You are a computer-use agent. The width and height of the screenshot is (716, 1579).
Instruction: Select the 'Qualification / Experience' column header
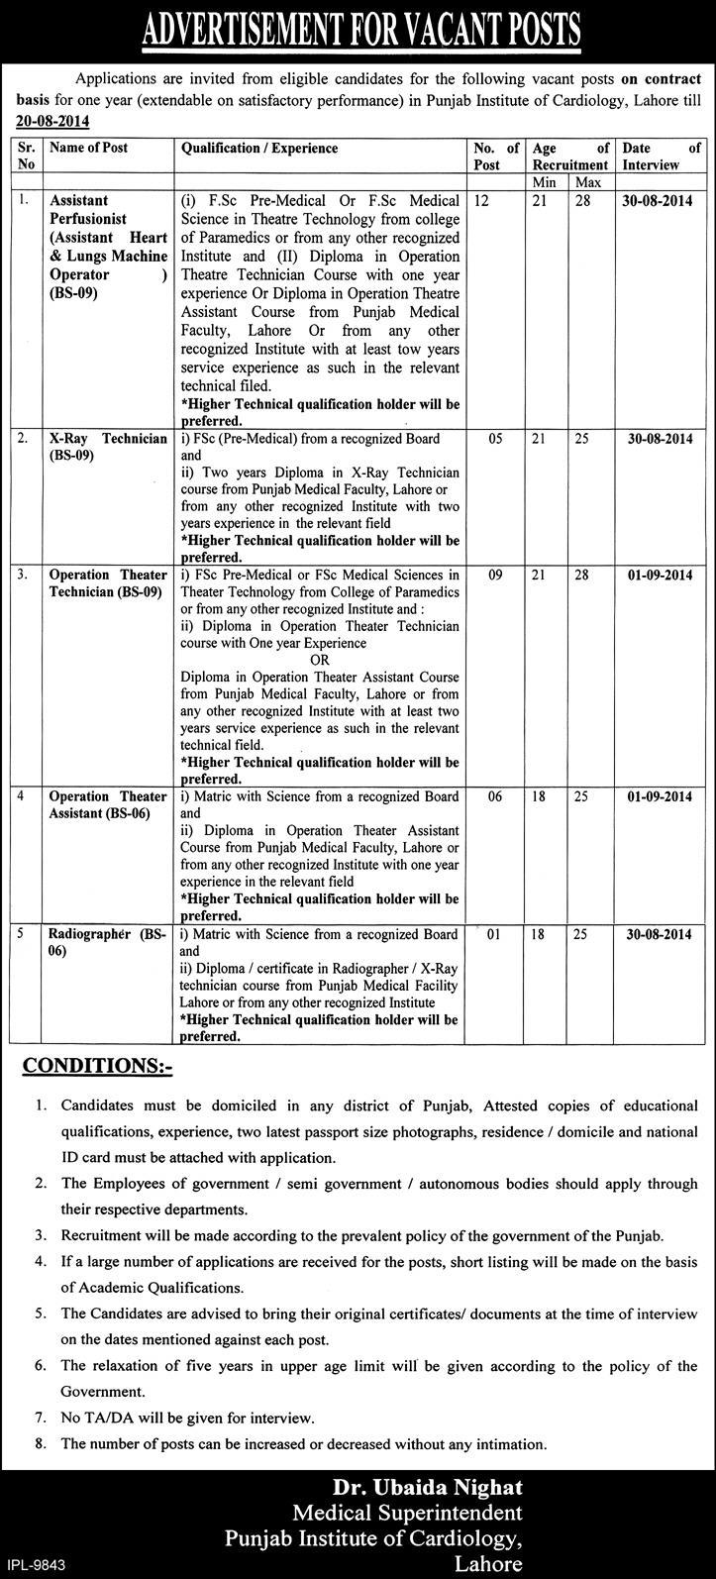[x=258, y=149]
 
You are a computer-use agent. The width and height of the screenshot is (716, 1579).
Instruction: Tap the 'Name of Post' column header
[x=88, y=149]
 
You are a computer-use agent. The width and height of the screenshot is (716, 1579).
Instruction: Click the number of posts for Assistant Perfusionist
[x=481, y=200]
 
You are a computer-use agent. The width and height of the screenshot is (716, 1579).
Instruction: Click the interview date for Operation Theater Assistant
[x=659, y=796]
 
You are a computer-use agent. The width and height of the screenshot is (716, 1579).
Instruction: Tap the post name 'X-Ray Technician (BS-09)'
[x=108, y=446]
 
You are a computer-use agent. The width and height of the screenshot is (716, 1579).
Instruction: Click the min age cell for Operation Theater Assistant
[x=539, y=796]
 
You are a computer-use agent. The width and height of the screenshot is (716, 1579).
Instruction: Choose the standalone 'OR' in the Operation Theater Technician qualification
[x=319, y=659]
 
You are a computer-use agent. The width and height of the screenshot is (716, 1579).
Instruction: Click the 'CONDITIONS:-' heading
[x=97, y=1067]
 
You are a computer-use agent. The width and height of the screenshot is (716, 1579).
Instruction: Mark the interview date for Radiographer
[x=659, y=934]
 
